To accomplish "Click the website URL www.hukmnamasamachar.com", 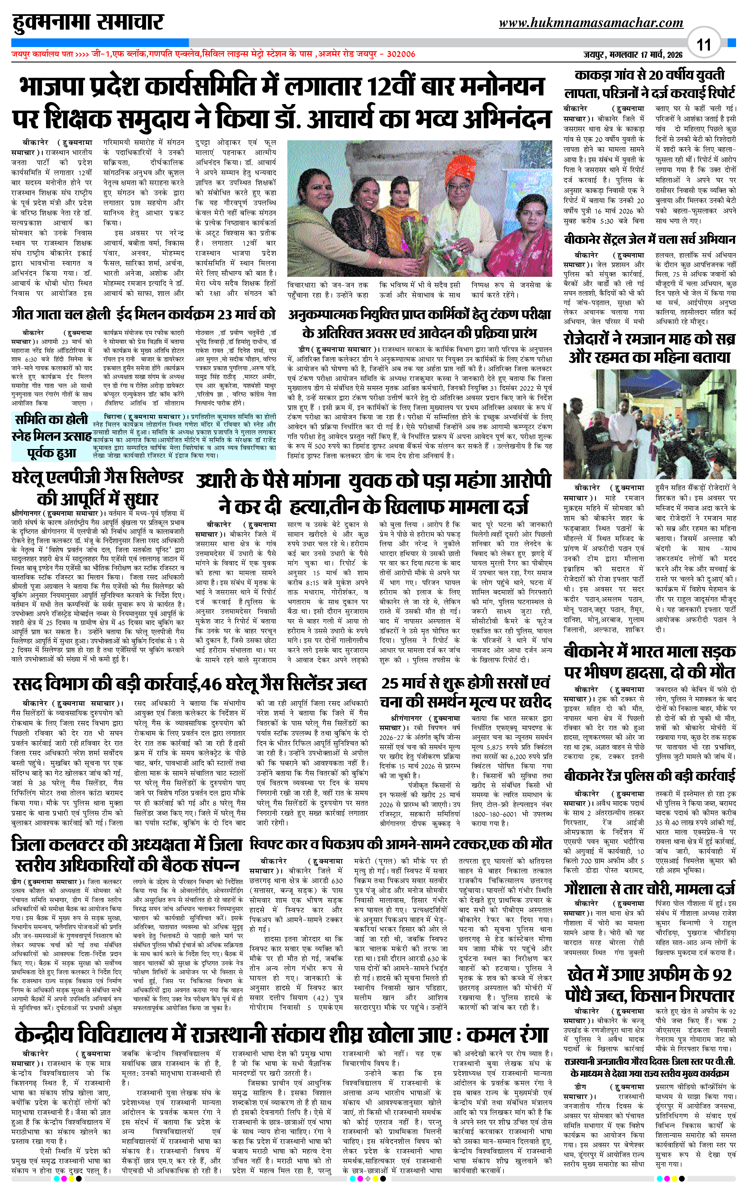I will point(591,23).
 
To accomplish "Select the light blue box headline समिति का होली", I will point(51,419).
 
